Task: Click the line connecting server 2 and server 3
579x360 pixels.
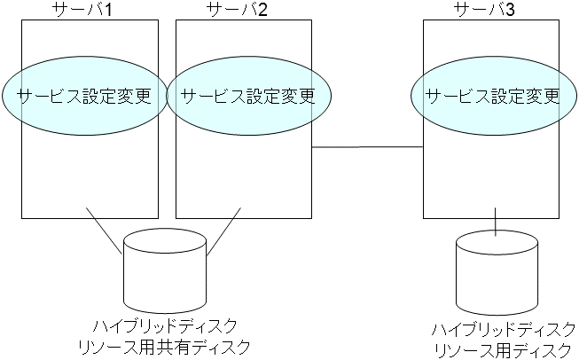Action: pos(367,146)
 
